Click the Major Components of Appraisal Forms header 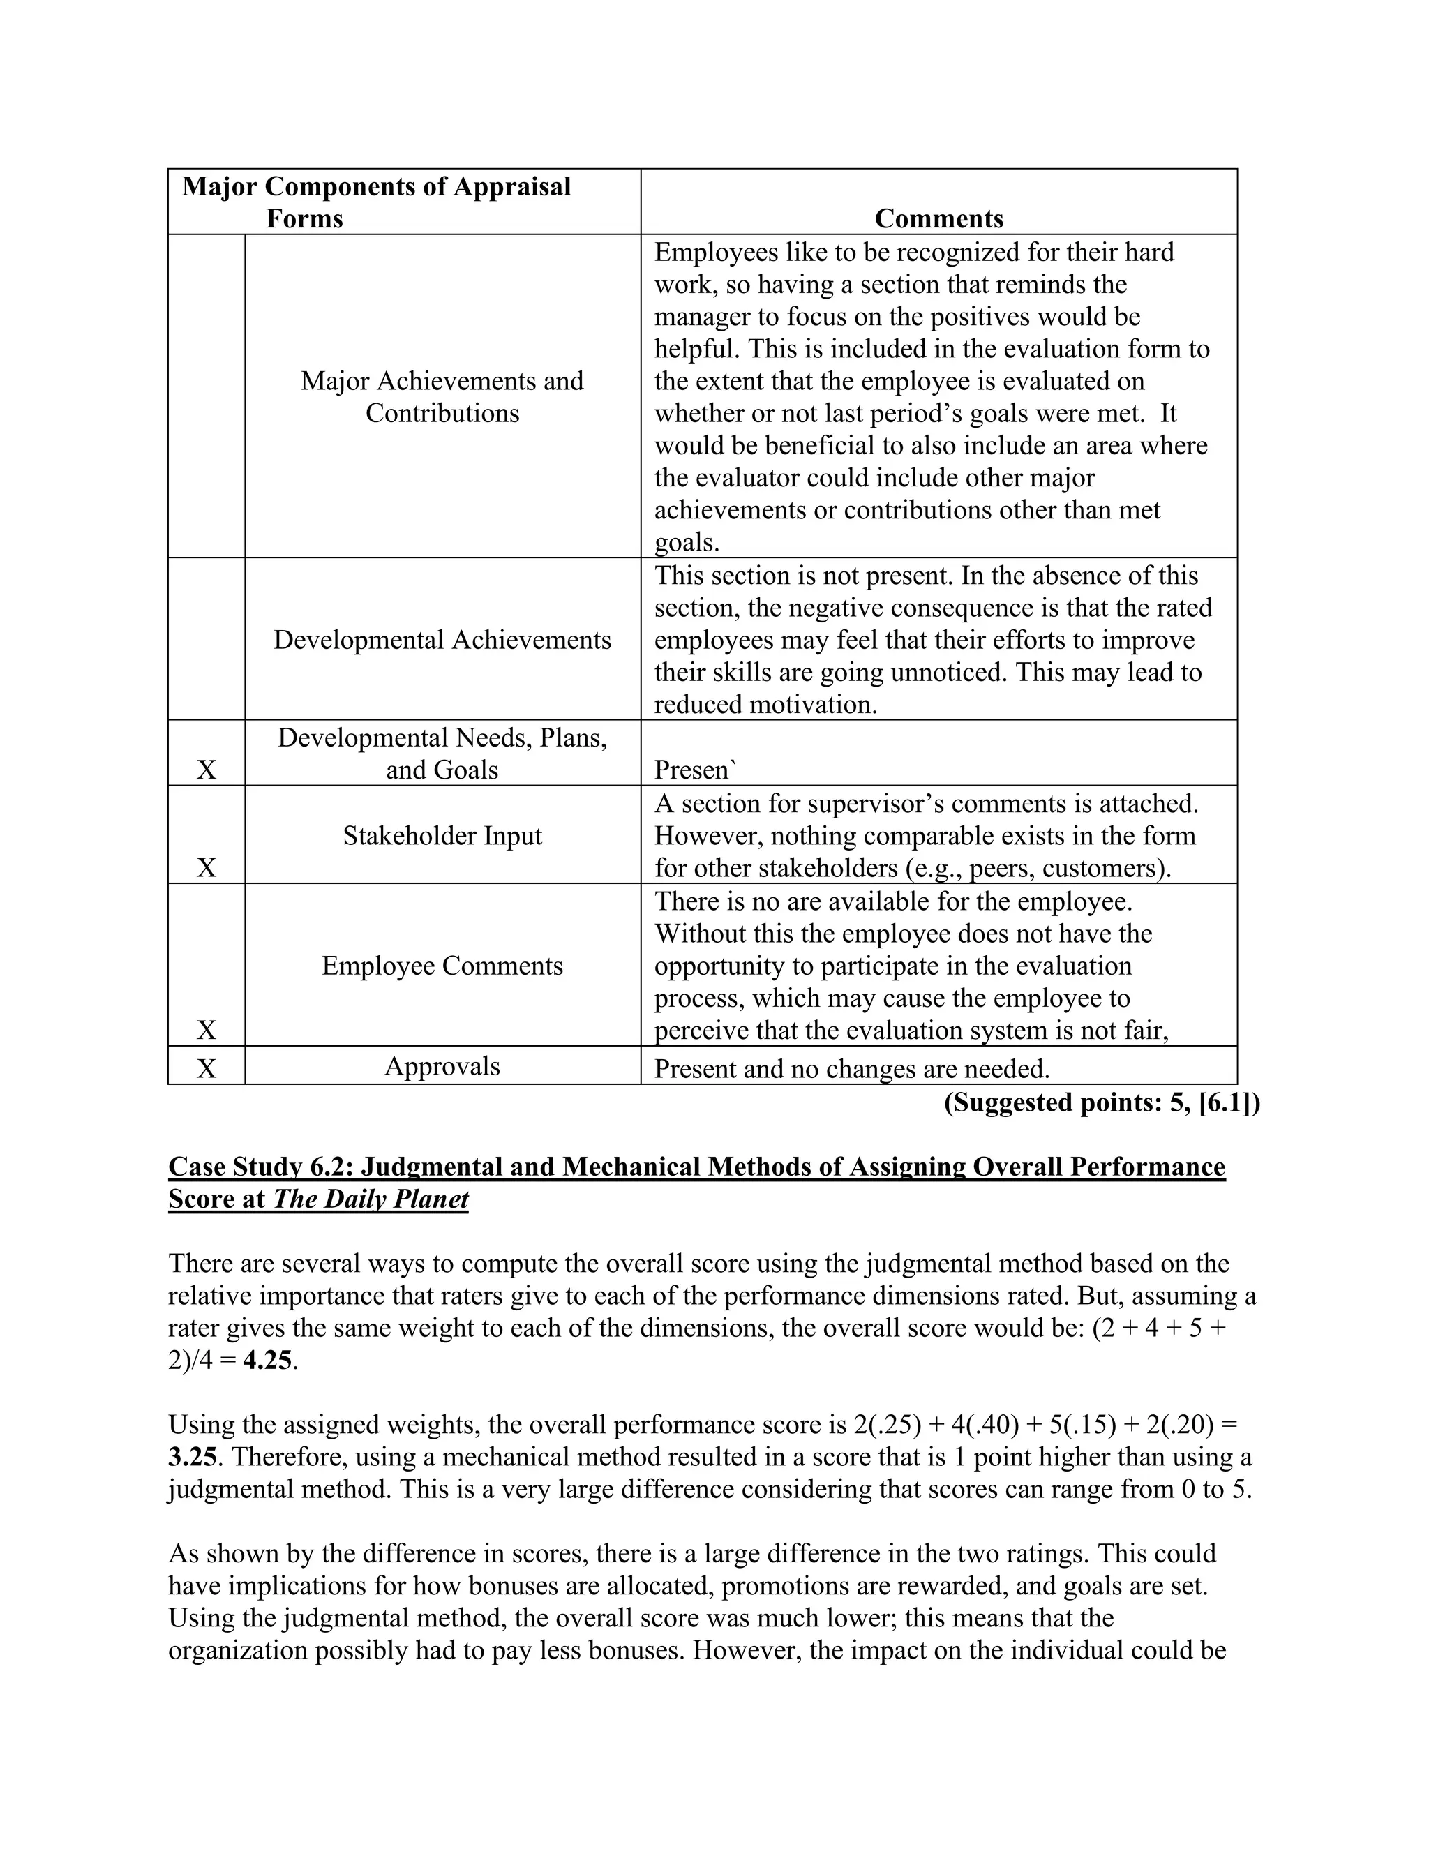(x=376, y=202)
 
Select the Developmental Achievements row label (x=442, y=639)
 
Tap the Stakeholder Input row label (x=442, y=836)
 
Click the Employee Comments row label (x=442, y=965)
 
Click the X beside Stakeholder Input (x=207, y=868)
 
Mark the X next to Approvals (x=207, y=1068)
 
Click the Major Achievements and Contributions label (x=442, y=397)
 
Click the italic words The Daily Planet (x=370, y=1199)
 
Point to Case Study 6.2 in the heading (x=260, y=1167)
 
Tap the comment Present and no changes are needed (x=852, y=1068)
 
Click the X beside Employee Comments (x=207, y=1031)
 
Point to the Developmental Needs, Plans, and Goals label (x=442, y=754)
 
